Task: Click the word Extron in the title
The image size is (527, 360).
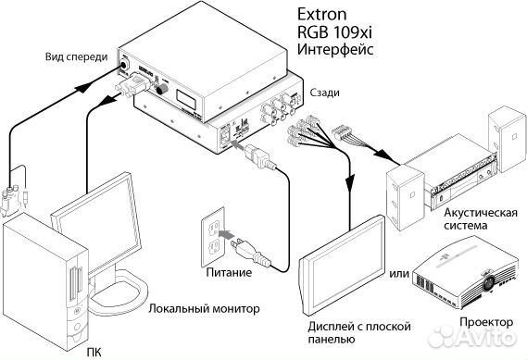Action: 322,15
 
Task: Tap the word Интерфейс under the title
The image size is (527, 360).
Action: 334,50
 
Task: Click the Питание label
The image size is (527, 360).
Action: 229,273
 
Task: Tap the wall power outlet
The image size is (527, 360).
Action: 213,238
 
